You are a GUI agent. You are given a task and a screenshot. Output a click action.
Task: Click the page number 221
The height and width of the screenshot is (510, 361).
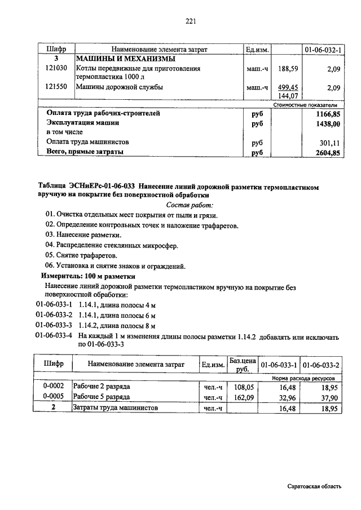point(190,22)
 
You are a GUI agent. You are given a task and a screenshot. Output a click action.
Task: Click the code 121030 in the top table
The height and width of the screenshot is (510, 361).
point(56,69)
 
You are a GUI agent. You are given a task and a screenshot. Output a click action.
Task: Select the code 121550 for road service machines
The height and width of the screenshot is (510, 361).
point(56,87)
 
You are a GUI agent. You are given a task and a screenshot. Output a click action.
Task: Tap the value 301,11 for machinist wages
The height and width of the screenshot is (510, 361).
point(330,143)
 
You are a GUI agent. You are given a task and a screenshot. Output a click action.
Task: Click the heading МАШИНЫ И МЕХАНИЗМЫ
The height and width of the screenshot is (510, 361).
point(125,59)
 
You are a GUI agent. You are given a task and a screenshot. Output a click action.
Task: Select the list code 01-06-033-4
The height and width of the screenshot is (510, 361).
point(54,336)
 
